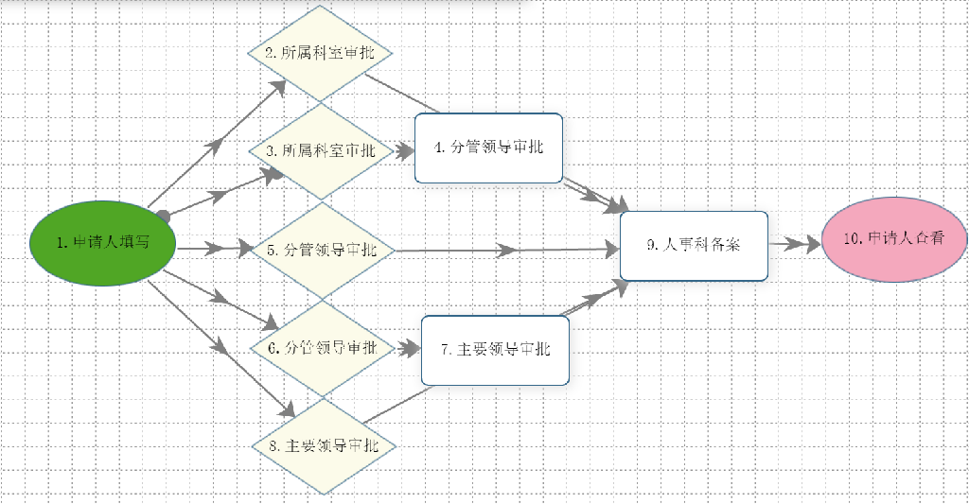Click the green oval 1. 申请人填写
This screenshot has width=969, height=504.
tap(103, 243)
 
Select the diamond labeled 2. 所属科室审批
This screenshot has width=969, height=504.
tap(320, 53)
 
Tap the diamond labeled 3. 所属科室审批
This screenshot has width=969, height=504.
tap(322, 151)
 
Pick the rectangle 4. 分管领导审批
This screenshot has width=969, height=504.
tap(489, 148)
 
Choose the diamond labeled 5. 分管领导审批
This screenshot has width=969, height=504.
tap(322, 251)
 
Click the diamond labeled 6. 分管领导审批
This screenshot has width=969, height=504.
tap(323, 348)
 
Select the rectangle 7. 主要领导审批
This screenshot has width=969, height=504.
tap(495, 350)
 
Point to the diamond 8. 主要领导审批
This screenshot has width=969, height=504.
tap(324, 446)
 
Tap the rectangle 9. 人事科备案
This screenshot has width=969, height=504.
tap(694, 246)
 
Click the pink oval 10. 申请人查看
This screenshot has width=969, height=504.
tap(894, 239)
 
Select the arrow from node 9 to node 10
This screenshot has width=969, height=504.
tap(795, 244)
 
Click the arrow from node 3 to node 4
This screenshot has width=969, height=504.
tap(404, 151)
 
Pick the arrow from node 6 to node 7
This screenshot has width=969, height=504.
tap(408, 349)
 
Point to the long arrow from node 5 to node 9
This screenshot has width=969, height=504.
tap(507, 251)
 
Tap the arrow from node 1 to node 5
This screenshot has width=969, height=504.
tap(214, 249)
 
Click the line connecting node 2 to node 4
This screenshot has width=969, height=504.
tap(402, 94)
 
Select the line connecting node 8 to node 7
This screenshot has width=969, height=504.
tap(398, 405)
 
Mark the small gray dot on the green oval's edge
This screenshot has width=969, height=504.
tap(163, 217)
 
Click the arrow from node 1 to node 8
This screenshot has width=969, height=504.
tap(220, 349)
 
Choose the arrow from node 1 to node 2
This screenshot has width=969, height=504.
tap(217, 144)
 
